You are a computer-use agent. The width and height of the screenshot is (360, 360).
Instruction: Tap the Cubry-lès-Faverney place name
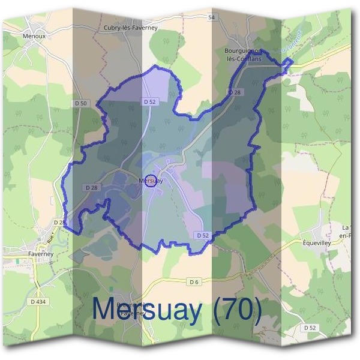tap(130, 28)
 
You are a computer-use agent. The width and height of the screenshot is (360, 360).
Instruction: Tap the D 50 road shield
tap(81, 103)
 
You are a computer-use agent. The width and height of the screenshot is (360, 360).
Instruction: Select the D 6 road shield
tap(193, 281)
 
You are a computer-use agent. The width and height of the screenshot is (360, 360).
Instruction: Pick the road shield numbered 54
tap(211, 18)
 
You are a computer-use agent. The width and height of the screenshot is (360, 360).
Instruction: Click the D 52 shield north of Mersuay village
tap(150, 102)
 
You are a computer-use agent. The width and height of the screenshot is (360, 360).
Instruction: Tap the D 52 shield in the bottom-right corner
tap(310, 328)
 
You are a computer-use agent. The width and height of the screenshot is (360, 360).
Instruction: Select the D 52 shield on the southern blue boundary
tap(202, 236)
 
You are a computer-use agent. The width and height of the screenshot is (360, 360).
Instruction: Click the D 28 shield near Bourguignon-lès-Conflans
tap(235, 92)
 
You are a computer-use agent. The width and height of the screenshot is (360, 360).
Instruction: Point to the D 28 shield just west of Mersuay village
tap(91, 188)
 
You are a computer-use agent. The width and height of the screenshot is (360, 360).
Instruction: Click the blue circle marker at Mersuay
tap(151, 181)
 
